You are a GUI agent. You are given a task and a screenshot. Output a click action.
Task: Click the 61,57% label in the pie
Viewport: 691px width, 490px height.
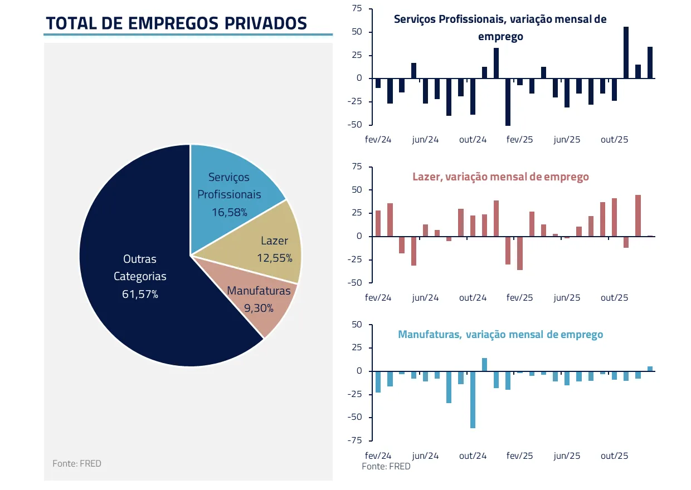click(x=140, y=294)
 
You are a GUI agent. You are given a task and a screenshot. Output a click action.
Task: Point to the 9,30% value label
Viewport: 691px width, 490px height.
click(x=259, y=308)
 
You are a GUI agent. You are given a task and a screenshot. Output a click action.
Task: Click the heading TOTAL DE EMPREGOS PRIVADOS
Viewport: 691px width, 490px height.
click(x=176, y=23)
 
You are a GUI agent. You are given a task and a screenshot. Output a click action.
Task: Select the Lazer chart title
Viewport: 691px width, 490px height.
click(x=500, y=177)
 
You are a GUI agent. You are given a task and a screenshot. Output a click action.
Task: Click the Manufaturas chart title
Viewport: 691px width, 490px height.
click(x=500, y=335)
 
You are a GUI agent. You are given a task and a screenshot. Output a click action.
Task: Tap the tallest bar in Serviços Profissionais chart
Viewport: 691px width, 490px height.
click(x=626, y=52)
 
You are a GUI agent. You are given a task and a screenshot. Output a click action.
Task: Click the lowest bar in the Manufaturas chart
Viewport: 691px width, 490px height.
click(x=473, y=399)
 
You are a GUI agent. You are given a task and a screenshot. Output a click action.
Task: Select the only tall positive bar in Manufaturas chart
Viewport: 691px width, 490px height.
click(x=484, y=364)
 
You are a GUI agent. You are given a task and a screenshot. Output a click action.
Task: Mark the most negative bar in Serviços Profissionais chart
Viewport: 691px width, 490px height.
click(x=508, y=102)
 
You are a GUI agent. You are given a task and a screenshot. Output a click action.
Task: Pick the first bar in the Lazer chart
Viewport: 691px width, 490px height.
click(x=378, y=223)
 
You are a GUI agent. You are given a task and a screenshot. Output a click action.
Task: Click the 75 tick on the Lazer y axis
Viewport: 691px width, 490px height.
click(x=357, y=167)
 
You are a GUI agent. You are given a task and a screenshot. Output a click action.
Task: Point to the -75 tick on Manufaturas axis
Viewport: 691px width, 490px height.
click(x=354, y=440)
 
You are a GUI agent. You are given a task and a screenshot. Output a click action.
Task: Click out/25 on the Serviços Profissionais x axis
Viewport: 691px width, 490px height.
click(x=614, y=140)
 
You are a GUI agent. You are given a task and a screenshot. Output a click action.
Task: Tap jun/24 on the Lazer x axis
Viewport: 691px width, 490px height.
click(x=425, y=298)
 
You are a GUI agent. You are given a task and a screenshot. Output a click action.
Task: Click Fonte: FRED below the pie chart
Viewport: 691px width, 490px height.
click(x=77, y=463)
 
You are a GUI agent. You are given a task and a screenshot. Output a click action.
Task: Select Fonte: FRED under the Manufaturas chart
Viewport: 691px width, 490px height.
click(x=386, y=467)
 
